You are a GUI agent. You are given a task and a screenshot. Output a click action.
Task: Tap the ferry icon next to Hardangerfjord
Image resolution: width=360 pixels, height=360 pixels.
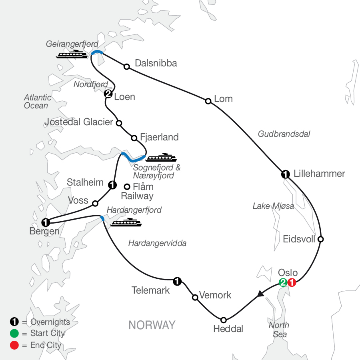(126, 222)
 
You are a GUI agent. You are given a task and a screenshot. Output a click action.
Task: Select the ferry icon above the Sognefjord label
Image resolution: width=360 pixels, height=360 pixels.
(161, 158)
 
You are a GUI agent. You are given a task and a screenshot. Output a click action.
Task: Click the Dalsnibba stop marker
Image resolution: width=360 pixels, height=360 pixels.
(127, 66)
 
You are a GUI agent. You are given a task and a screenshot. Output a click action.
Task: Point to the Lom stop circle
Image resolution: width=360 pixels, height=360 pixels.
(208, 101)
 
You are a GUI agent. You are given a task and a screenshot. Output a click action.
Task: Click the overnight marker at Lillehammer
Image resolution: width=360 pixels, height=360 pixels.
(285, 174)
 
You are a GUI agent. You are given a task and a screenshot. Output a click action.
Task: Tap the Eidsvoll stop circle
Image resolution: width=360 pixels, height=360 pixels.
(320, 240)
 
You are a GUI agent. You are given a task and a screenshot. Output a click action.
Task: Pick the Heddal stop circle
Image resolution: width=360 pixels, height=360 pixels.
(224, 320)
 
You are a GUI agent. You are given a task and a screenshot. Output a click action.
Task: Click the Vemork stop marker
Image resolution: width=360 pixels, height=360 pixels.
(195, 298)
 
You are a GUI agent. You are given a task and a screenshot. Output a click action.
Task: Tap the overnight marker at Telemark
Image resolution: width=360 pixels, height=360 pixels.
(176, 281)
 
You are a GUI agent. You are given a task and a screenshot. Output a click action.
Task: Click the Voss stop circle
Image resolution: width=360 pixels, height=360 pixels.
(95, 203)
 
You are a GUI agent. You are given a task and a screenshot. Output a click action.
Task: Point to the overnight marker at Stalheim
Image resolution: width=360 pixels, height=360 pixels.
(112, 185)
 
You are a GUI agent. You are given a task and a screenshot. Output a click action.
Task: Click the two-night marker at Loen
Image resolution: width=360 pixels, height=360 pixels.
(108, 94)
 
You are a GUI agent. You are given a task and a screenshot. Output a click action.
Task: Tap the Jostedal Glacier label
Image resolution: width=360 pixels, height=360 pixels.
(79, 122)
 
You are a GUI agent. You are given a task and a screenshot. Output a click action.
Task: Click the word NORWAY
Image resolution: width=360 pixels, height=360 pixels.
(152, 325)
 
